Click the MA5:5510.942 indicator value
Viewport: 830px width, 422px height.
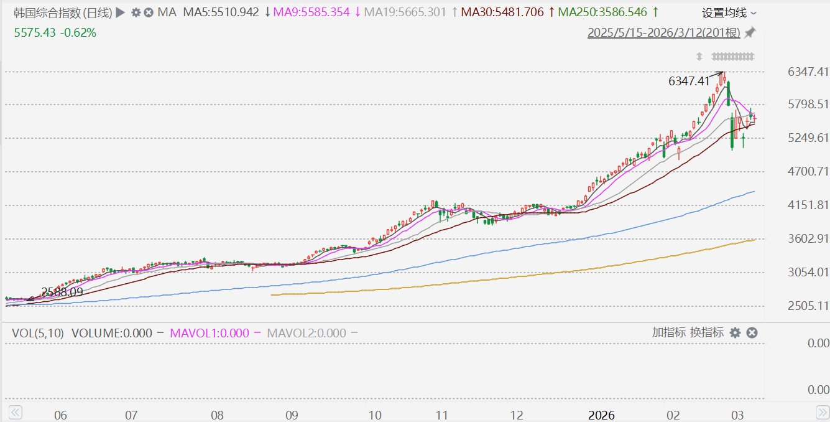tap(221, 12)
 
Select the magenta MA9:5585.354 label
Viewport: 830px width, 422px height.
tap(311, 12)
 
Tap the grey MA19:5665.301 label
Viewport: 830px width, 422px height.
tap(405, 12)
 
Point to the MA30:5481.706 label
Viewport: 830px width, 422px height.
tap(502, 12)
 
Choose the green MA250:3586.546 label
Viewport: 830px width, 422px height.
tap(602, 12)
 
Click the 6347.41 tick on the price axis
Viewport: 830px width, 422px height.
tap(808, 72)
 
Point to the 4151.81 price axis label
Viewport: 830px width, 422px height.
tap(808, 205)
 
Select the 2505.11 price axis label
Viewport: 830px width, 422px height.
tap(808, 306)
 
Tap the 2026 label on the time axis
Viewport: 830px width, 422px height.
tap(601, 415)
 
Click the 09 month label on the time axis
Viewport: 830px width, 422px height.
tap(292, 415)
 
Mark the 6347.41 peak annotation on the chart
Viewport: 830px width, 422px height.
tap(688, 81)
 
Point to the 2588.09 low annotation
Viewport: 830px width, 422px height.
tap(62, 292)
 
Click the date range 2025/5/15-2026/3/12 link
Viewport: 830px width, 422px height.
tap(663, 32)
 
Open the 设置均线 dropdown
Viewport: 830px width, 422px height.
tap(729, 13)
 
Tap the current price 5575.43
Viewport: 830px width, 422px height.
tap(34, 32)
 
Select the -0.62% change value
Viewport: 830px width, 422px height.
tap(78, 32)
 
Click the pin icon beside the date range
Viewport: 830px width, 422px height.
tap(750, 32)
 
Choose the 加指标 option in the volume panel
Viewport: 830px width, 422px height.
tap(669, 332)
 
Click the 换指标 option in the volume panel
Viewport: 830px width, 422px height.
tap(707, 332)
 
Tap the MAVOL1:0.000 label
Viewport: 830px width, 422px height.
tap(210, 333)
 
